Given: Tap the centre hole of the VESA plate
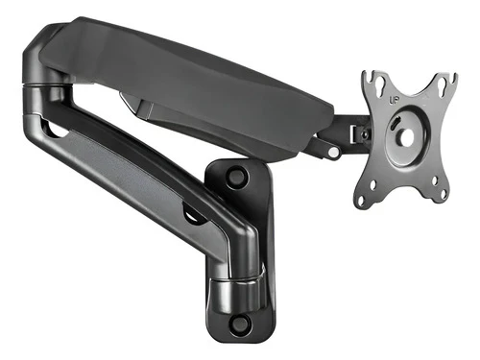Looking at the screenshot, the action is coord(403,136).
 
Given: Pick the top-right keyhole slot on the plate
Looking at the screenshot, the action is coord(444,84).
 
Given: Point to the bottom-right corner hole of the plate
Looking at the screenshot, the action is coord(444,194).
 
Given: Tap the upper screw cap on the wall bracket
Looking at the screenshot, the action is coord(237,176).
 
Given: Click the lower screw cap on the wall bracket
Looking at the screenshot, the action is coord(239,324).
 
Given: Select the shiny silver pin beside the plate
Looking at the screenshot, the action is coord(334,152).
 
